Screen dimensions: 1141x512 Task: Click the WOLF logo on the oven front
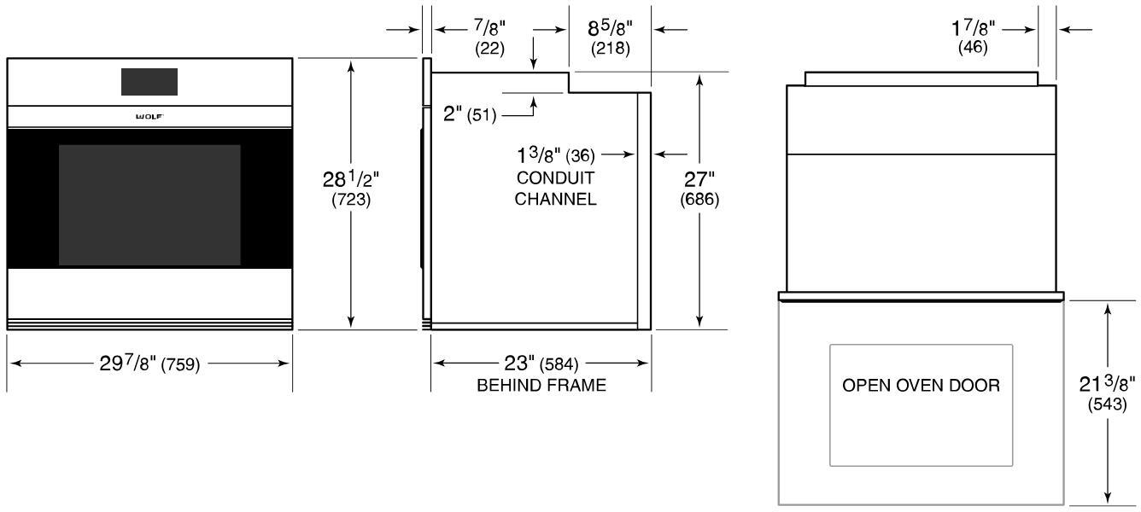pos(149,117)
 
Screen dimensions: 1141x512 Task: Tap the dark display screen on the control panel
pos(149,82)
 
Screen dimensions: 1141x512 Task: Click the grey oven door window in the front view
pos(149,205)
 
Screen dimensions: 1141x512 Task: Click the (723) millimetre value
pos(351,200)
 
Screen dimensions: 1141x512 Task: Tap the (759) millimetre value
pos(180,364)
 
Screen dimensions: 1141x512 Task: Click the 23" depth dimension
pos(519,363)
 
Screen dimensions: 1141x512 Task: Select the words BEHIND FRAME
pos(541,385)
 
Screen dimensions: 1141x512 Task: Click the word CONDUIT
pos(555,178)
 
